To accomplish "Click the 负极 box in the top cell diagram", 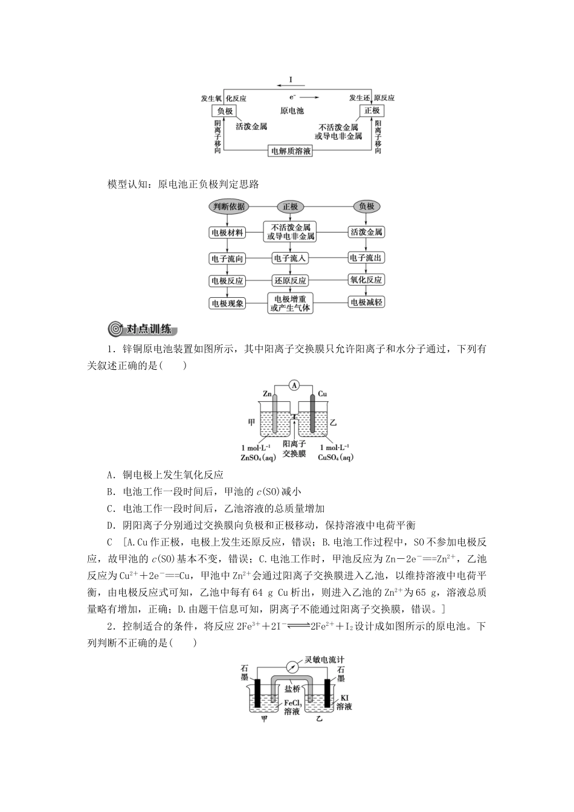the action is click(225, 111).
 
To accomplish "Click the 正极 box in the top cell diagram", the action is click(372, 111).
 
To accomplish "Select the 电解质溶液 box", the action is click(291, 151).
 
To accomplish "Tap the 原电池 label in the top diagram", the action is click(292, 111).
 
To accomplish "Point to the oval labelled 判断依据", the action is click(229, 207).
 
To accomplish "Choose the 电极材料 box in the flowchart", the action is click(227, 233).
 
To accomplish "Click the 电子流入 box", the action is click(291, 258).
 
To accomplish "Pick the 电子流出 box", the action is click(366, 258).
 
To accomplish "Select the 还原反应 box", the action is click(291, 280).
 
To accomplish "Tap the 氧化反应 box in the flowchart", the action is click(366, 280).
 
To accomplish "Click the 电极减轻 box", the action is click(367, 303).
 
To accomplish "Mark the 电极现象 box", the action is click(227, 303).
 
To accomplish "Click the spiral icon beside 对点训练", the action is click(114, 329).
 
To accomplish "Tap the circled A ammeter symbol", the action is click(294, 385).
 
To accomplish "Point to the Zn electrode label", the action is click(267, 394).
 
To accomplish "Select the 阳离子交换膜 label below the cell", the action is click(294, 448).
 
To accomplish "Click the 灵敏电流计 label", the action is click(327, 659).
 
